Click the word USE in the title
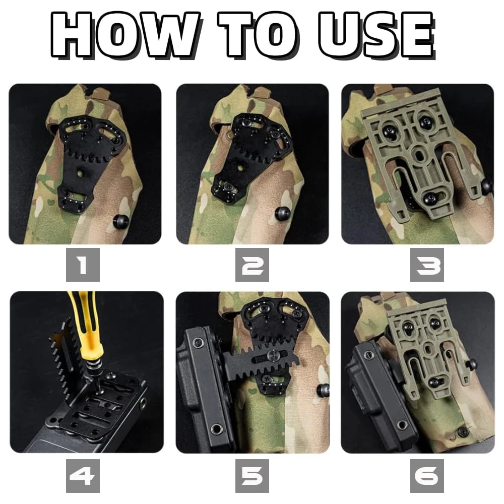pyautogui.click(x=375, y=35)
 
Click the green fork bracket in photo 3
pyautogui.click(x=413, y=151)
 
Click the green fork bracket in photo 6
pyautogui.click(x=423, y=343)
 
